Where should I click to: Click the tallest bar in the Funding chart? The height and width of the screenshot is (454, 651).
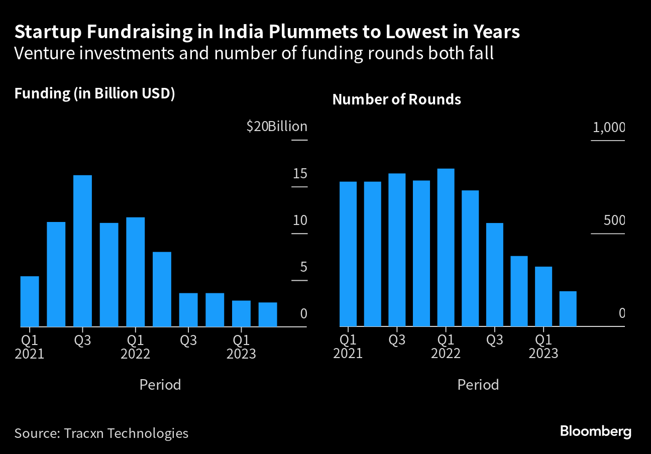tap(82, 251)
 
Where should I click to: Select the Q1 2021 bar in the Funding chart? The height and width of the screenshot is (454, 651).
tap(30, 301)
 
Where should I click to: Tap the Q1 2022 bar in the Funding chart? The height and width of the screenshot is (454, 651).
tap(136, 272)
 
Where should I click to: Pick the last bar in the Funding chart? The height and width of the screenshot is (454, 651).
tap(268, 314)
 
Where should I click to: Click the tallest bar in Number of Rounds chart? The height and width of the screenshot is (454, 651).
tap(446, 247)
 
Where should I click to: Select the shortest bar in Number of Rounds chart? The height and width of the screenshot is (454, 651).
tap(568, 309)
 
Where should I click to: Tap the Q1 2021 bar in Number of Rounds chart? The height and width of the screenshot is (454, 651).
tap(348, 254)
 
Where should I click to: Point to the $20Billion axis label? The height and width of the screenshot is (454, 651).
tap(277, 127)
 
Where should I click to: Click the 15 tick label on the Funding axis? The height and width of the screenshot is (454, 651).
tap(300, 174)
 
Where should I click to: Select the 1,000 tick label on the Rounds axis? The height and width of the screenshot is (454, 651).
tap(609, 128)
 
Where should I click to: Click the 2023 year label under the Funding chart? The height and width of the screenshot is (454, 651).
tap(241, 354)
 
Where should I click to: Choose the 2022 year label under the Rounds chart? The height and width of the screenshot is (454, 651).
tap(446, 354)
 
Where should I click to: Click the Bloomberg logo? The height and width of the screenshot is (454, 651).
tap(595, 431)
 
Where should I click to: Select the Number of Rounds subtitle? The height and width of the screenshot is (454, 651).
tap(396, 99)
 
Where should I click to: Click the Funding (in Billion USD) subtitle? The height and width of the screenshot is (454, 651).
tap(94, 94)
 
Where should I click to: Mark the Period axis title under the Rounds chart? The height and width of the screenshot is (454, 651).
tap(478, 385)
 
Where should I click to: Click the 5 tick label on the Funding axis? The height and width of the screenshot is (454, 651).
tap(303, 267)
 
